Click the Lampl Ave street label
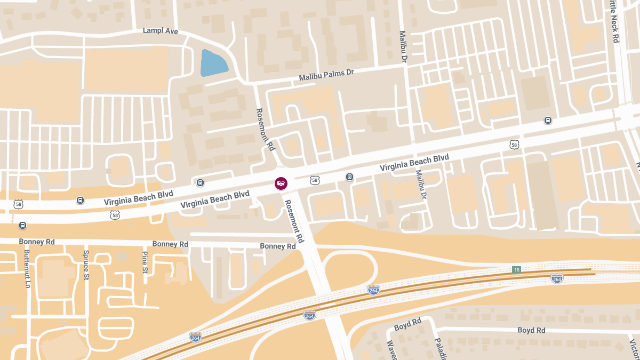(160, 31)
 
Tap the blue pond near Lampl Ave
(213, 63)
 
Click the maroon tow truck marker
(281, 183)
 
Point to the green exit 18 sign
(516, 269)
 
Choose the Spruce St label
(86, 265)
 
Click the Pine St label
(145, 263)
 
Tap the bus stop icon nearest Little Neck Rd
(548, 120)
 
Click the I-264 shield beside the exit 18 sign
(556, 278)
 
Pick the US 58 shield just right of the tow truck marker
(315, 181)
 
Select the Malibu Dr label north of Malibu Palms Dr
(403, 45)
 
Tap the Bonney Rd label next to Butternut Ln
(37, 242)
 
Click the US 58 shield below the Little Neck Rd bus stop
(514, 145)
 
